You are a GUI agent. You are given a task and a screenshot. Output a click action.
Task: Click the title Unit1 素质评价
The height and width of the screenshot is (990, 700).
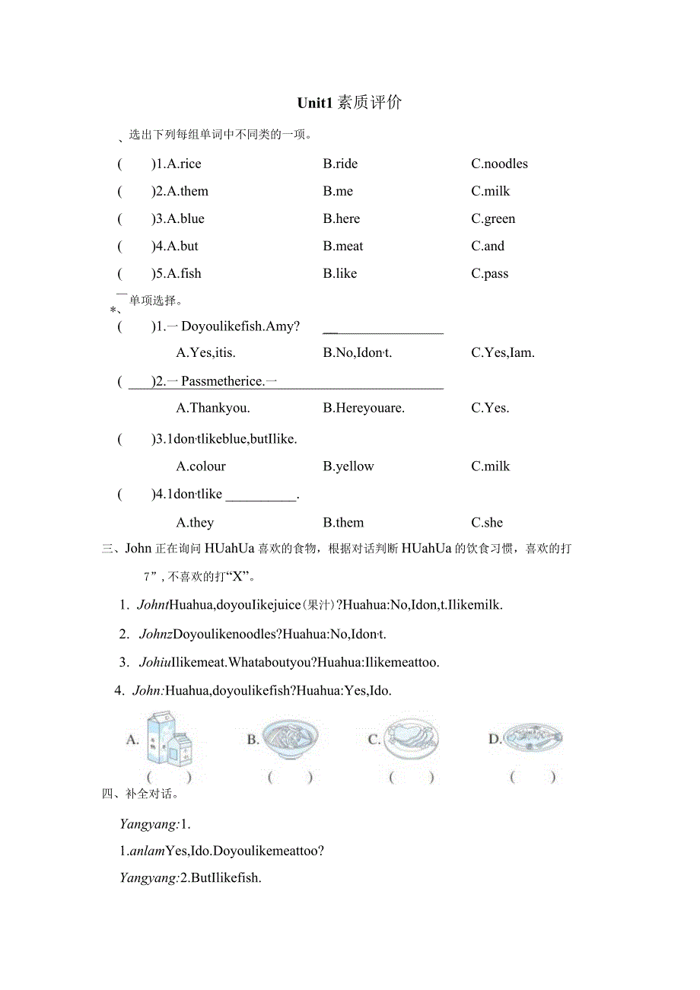349,103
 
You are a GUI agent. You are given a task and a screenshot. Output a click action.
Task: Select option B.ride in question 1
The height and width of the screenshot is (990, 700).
340,164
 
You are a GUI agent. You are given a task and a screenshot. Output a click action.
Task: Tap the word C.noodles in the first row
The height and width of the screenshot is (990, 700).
499,164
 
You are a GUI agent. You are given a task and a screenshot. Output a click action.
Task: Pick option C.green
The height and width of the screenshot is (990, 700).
493,218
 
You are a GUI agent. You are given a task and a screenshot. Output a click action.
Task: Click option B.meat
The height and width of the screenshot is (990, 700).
343,246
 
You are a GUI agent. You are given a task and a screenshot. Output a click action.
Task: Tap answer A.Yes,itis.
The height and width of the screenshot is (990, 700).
205,352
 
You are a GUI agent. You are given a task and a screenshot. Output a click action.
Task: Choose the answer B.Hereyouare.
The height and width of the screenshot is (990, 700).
364,408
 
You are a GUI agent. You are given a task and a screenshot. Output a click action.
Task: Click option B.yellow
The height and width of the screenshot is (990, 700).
348,466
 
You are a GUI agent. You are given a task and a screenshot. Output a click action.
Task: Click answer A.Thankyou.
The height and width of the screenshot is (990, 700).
212,408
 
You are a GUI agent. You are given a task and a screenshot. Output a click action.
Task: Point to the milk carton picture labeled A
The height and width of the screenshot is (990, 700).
169,738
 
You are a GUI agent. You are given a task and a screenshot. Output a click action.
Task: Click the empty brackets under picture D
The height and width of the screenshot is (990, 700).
533,777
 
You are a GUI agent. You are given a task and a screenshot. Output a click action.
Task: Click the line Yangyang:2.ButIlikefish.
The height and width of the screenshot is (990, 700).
190,877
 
